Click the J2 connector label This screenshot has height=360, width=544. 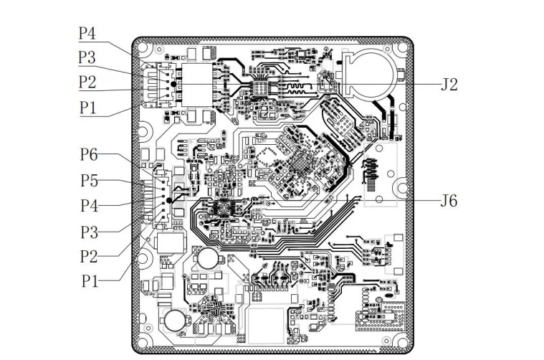449,84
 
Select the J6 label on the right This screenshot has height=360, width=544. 449,200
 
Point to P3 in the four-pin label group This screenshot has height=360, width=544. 87,57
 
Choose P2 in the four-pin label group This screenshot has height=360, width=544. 87,82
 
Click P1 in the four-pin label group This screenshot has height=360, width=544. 87,108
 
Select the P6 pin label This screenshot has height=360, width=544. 89,154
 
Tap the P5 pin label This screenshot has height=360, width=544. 89,181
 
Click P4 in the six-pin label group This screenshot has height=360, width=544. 89,206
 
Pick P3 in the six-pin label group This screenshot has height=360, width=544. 89,232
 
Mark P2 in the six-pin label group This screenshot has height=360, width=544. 89,256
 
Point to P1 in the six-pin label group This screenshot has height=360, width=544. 89,280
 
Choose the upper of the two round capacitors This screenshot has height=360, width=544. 209,259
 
